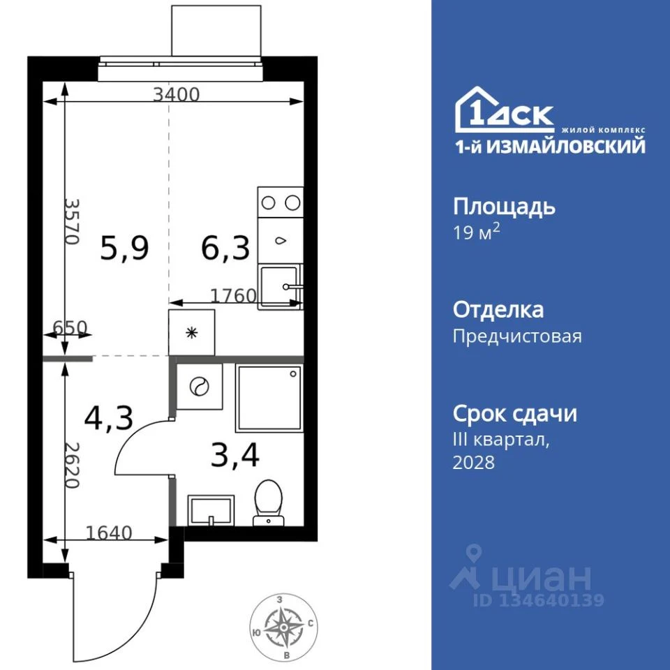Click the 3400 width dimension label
(x=177, y=94)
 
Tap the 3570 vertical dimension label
(x=72, y=221)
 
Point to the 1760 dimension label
(x=233, y=296)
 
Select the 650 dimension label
(x=70, y=328)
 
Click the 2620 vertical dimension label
(x=72, y=466)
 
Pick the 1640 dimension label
(x=109, y=533)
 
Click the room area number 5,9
(x=124, y=248)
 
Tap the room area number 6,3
(x=225, y=248)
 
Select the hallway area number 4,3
(x=109, y=418)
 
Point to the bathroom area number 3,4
(x=235, y=456)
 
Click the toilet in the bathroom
(x=268, y=502)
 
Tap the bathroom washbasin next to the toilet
(x=211, y=510)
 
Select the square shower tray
(x=269, y=398)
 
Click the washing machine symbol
(x=199, y=387)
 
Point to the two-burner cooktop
(x=281, y=202)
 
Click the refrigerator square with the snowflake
(x=191, y=332)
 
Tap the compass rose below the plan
(x=284, y=627)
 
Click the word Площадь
(x=504, y=207)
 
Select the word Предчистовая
(x=517, y=336)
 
